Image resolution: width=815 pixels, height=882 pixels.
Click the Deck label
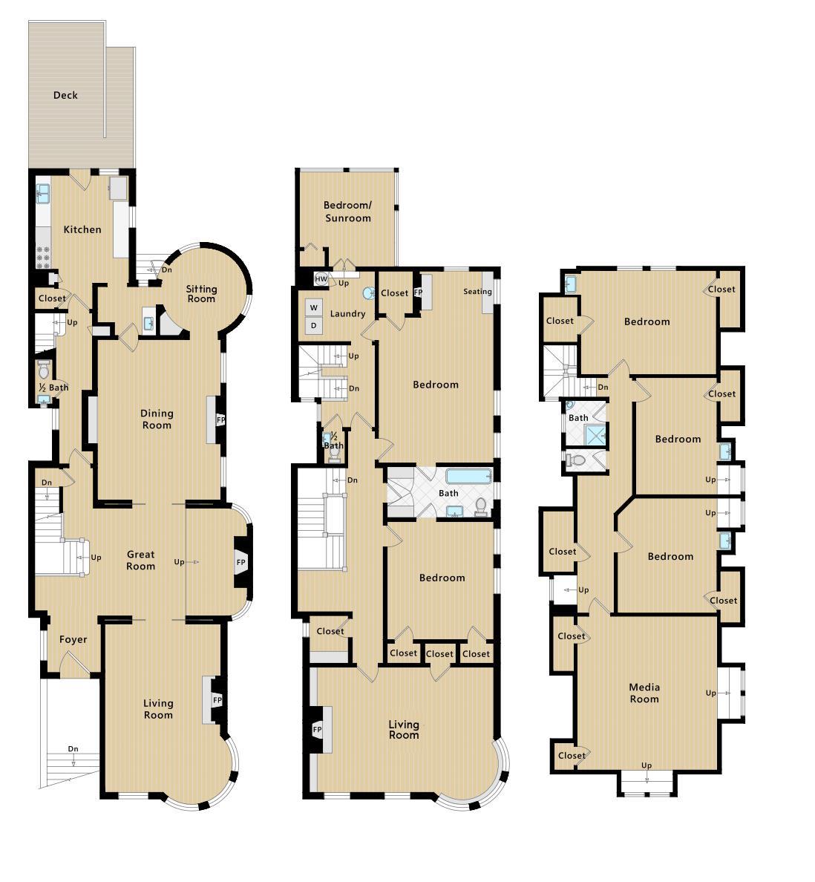pyautogui.click(x=65, y=95)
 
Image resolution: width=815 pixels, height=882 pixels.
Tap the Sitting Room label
pyautogui.click(x=201, y=294)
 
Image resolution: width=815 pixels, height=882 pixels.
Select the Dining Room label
pyautogui.click(x=157, y=419)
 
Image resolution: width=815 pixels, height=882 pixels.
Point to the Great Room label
pyautogui.click(x=140, y=560)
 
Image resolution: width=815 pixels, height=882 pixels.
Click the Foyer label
pyautogui.click(x=73, y=639)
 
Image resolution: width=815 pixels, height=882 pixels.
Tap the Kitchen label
pyautogui.click(x=82, y=229)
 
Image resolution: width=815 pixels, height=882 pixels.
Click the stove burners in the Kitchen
pyautogui.click(x=43, y=255)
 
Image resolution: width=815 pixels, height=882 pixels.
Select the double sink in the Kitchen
pyautogui.click(x=43, y=194)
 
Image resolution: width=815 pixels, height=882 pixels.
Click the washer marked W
pyautogui.click(x=314, y=307)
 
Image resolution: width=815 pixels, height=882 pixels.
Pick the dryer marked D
pyautogui.click(x=314, y=325)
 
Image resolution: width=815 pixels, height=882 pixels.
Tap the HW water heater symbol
pyautogui.click(x=321, y=279)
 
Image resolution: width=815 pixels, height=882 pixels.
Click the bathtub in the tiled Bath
pyautogui.click(x=468, y=476)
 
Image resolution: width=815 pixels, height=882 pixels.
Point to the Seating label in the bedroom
pyautogui.click(x=477, y=292)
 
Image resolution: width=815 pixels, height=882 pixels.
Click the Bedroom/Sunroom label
pyautogui.click(x=347, y=212)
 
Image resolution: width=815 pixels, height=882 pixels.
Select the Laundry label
pyautogui.click(x=347, y=314)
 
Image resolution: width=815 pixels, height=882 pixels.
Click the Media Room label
pyautogui.click(x=644, y=693)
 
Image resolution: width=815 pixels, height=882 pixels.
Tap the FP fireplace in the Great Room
pyautogui.click(x=240, y=562)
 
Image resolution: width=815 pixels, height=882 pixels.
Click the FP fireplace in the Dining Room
pyautogui.click(x=220, y=419)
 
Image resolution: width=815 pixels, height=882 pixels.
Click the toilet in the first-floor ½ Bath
pyautogui.click(x=44, y=370)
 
